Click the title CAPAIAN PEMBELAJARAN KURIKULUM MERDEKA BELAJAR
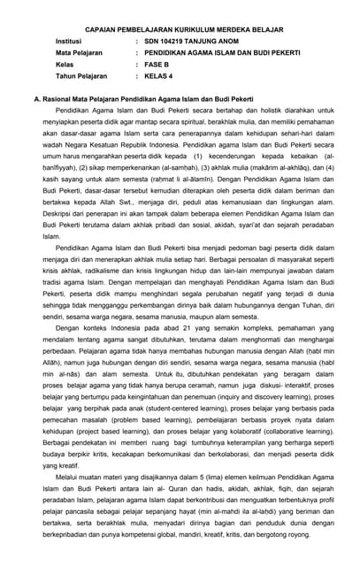180,28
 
